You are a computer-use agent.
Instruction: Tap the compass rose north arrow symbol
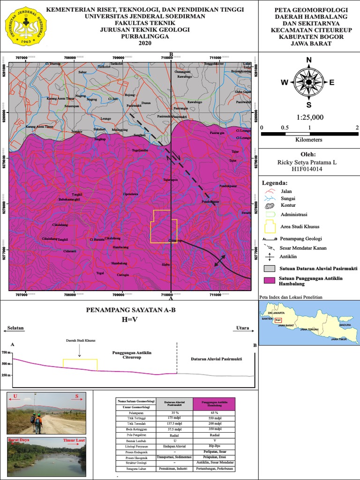pyautogui.click(x=309, y=82)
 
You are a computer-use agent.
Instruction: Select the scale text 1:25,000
pyautogui.click(x=309, y=117)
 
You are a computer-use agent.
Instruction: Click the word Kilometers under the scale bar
pyautogui.click(x=309, y=140)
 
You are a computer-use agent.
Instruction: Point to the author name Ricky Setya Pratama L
pyautogui.click(x=309, y=162)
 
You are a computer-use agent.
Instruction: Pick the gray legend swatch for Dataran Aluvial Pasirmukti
pyautogui.click(x=269, y=269)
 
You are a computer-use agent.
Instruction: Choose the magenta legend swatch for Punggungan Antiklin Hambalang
pyautogui.click(x=269, y=280)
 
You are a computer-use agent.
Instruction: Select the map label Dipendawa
pyautogui.click(x=130, y=194)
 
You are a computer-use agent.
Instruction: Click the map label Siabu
pyautogui.click(x=165, y=265)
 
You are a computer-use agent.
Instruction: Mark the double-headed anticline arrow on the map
pyautogui.click(x=219, y=261)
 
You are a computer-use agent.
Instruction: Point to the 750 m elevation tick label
pyautogui.click(x=6, y=352)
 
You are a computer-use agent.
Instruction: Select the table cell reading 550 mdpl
pyautogui.click(x=215, y=417)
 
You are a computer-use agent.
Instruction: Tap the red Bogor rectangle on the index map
pyautogui.click(x=278, y=321)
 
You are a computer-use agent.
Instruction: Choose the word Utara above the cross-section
pyautogui.click(x=243, y=329)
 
